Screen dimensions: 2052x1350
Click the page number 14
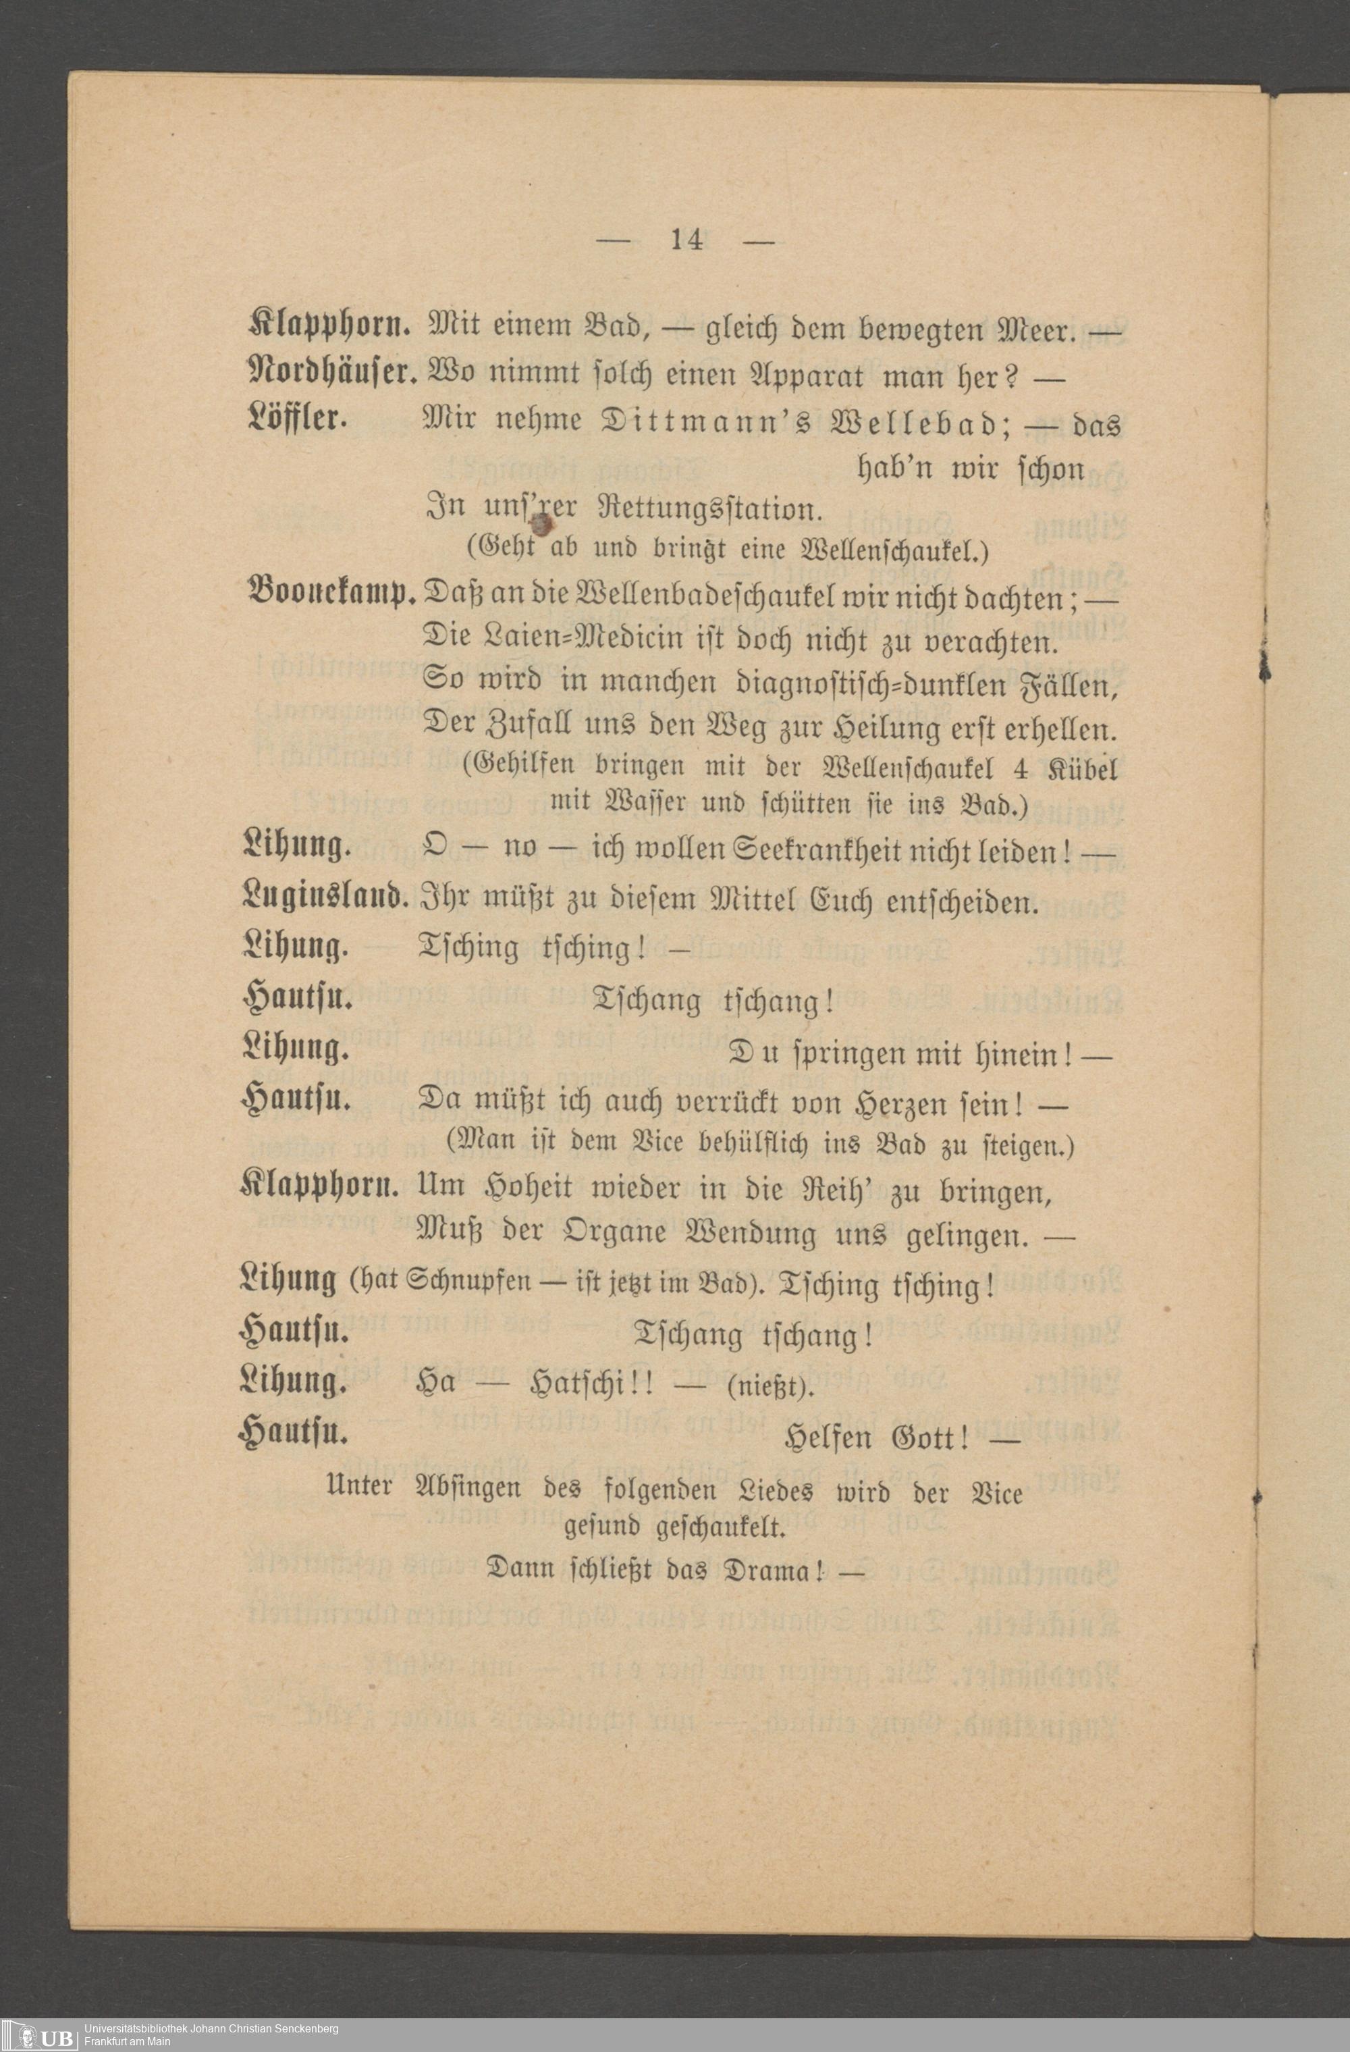[x=686, y=240]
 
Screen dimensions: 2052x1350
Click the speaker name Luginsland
[x=325, y=899]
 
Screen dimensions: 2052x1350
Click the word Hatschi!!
[x=594, y=1388]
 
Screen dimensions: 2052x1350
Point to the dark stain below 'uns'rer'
[x=543, y=523]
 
